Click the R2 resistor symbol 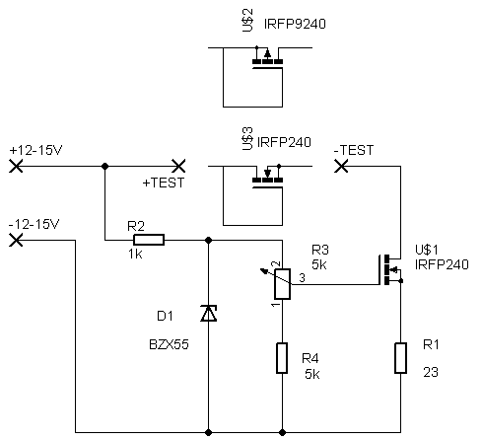[x=149, y=240]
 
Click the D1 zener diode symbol [x=209, y=313]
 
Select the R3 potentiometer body [x=282, y=284]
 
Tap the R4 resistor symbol [x=282, y=358]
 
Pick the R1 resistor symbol [x=400, y=358]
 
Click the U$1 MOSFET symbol [x=390, y=269]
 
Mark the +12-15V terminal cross [x=16, y=166]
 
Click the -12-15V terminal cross [x=16, y=240]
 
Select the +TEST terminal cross [x=178, y=166]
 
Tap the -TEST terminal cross [x=341, y=166]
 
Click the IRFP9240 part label [x=295, y=24]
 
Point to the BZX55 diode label [x=169, y=344]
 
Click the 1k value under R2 [x=135, y=255]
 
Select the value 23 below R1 [x=431, y=372]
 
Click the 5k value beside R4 [x=312, y=374]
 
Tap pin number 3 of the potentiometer [x=302, y=278]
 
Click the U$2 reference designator [x=248, y=21]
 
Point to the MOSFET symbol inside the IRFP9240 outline [x=267, y=57]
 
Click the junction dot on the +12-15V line [x=104, y=166]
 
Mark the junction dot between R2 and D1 [x=208, y=240]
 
